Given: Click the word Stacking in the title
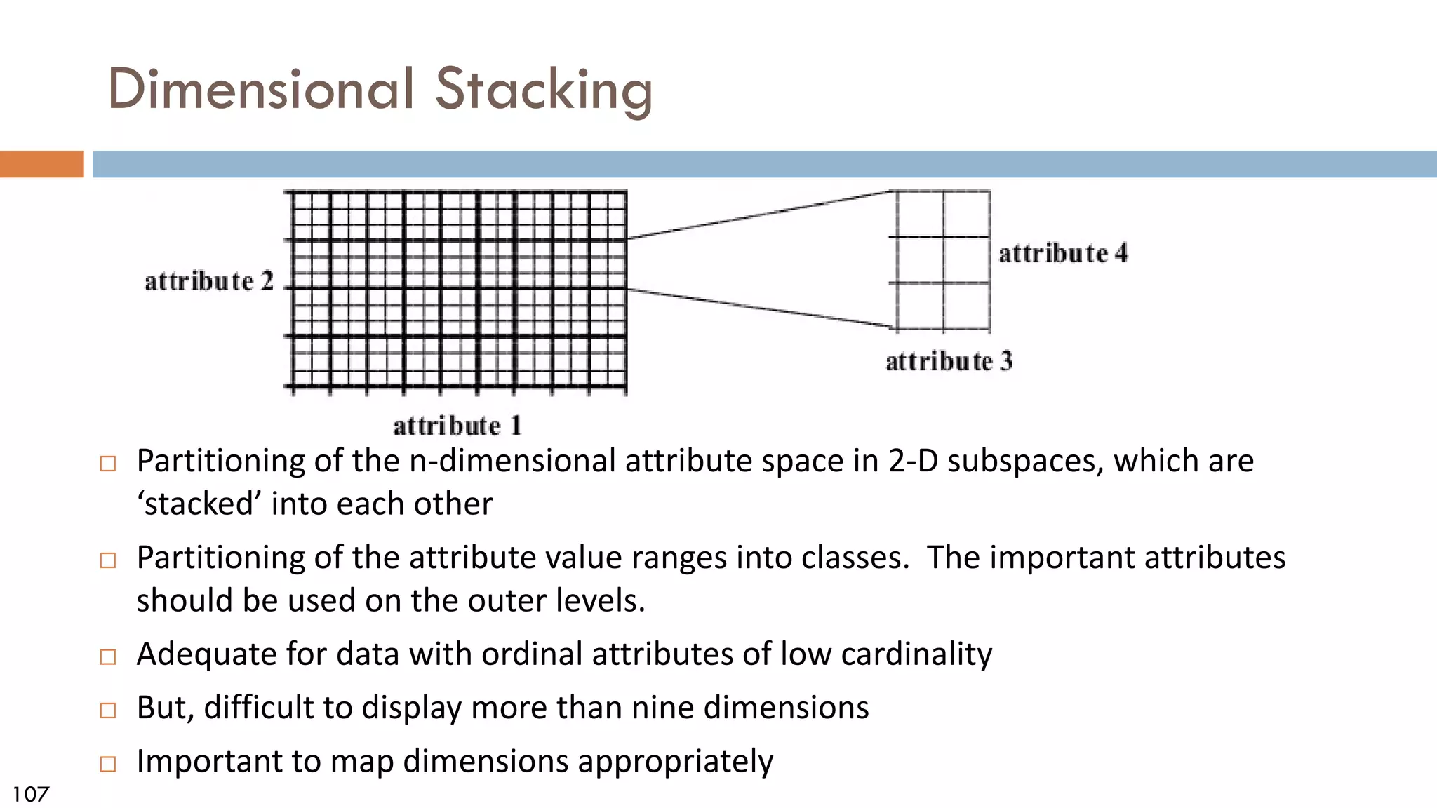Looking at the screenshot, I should pos(544,90).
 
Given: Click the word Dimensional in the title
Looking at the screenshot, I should pos(261,90).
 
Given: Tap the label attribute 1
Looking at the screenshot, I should pos(457,426).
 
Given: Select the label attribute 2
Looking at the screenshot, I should pos(208,281).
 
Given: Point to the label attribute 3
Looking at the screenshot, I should pos(949,361).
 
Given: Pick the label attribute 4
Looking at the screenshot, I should pos(1063,253).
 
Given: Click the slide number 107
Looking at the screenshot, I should pos(31,794).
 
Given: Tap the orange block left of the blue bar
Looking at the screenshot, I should pos(41,164).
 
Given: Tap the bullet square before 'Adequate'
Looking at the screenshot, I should pos(108,656).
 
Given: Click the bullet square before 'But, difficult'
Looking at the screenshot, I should pos(108,710).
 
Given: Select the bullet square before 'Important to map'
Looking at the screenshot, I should pos(108,764).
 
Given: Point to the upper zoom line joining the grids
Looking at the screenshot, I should pos(758,215).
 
